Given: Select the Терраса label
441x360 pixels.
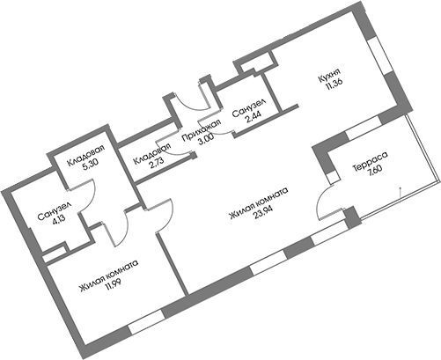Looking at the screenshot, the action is point(370,161).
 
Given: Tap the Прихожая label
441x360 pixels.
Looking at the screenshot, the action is point(201,130).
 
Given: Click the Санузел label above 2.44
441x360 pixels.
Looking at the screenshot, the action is point(249,107).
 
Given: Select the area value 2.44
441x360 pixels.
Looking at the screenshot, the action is point(254,117).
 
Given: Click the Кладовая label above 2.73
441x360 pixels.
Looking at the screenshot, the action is point(151,154).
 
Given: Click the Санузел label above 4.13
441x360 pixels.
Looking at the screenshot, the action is point(55,211).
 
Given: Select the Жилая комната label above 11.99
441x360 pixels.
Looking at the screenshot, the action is point(108,276).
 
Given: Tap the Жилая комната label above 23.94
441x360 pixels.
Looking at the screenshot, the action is point(259,203).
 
